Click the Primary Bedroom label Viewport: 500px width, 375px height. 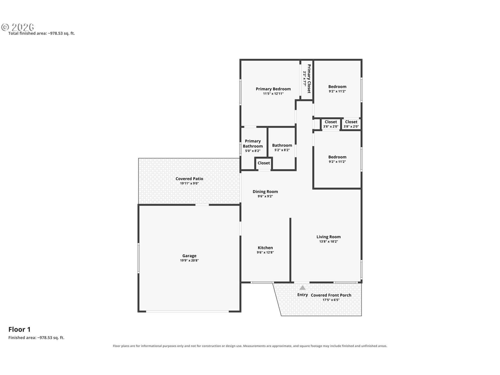click(273, 89)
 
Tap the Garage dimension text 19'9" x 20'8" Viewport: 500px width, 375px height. click(189, 260)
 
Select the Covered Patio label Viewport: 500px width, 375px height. click(189, 179)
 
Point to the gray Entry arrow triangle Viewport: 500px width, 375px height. click(302, 287)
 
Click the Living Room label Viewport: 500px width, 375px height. click(329, 237)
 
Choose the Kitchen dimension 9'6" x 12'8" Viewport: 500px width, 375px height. click(265, 252)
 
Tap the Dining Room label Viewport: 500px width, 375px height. click(265, 191)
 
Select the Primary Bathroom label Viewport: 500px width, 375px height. click(253, 143)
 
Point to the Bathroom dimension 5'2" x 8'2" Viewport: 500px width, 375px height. click(282, 150)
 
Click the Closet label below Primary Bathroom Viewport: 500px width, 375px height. click(264, 163)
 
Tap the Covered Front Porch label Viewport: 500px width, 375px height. click(331, 295)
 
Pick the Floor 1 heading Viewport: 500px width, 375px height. click(20, 329)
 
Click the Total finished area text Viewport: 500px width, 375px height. click(42, 33)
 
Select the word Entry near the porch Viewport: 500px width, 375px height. click(303, 295)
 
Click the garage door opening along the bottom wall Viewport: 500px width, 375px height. click(187, 311)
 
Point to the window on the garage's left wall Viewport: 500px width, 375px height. click(139, 258)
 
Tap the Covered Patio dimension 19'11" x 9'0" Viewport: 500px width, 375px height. click(189, 183)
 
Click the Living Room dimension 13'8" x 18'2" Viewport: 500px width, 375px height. click(329, 241)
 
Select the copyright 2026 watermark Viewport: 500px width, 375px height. click(18, 27)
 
